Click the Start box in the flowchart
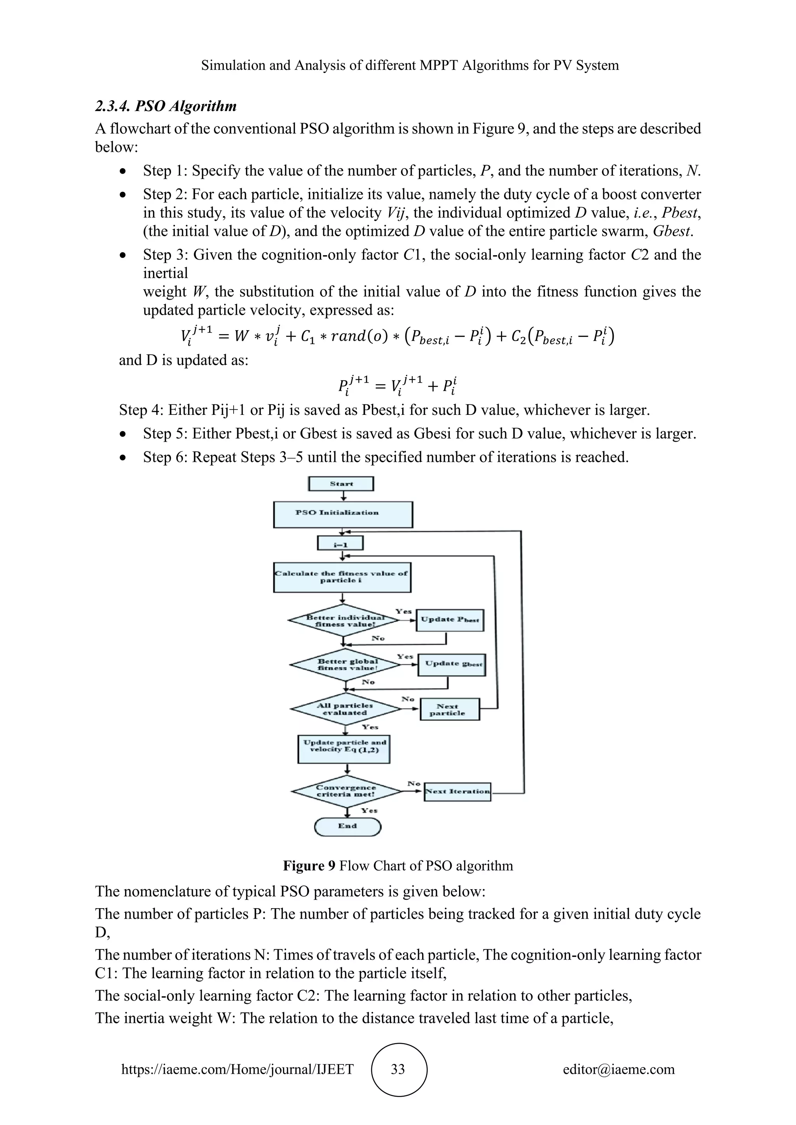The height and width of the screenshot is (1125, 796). (341, 484)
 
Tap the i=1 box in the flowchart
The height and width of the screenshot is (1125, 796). (340, 543)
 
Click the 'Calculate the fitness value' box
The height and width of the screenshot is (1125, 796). (342, 577)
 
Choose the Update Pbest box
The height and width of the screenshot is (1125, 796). (449, 620)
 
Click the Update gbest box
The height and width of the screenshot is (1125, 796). (451, 664)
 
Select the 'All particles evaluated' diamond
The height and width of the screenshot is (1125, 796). (346, 709)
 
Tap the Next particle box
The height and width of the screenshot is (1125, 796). (449, 709)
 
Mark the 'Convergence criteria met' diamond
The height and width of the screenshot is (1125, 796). (347, 791)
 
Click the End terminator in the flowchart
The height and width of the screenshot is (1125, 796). (347, 827)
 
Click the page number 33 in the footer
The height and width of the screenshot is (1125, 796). (398, 1069)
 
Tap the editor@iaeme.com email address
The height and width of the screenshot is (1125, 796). (618, 1069)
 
